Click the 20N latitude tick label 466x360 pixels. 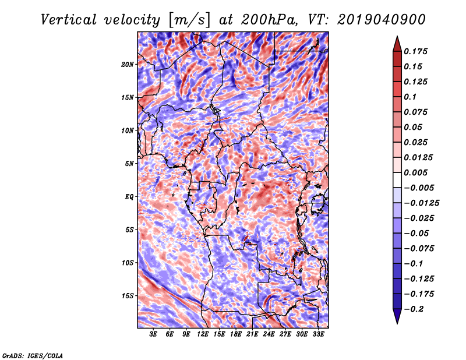(x=128, y=65)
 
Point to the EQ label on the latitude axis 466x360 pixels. (x=129, y=197)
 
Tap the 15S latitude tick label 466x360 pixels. (x=128, y=296)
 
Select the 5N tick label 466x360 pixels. (x=129, y=164)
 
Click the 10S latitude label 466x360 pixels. (x=128, y=263)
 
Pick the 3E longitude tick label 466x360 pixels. (x=153, y=334)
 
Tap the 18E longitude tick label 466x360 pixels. (x=236, y=334)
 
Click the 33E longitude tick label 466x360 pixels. (x=318, y=334)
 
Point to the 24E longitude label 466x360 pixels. (x=269, y=334)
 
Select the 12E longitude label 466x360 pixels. (x=203, y=334)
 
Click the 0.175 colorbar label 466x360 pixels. (x=415, y=51)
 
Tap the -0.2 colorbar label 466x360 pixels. (x=413, y=309)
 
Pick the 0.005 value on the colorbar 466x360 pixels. (x=415, y=172)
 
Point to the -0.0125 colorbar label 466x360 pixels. (x=421, y=203)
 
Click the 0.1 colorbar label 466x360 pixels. (x=410, y=97)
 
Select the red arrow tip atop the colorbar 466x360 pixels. (x=397, y=37)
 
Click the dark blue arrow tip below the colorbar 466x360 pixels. (x=397, y=323)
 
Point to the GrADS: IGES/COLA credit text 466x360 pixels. (x=33, y=356)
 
